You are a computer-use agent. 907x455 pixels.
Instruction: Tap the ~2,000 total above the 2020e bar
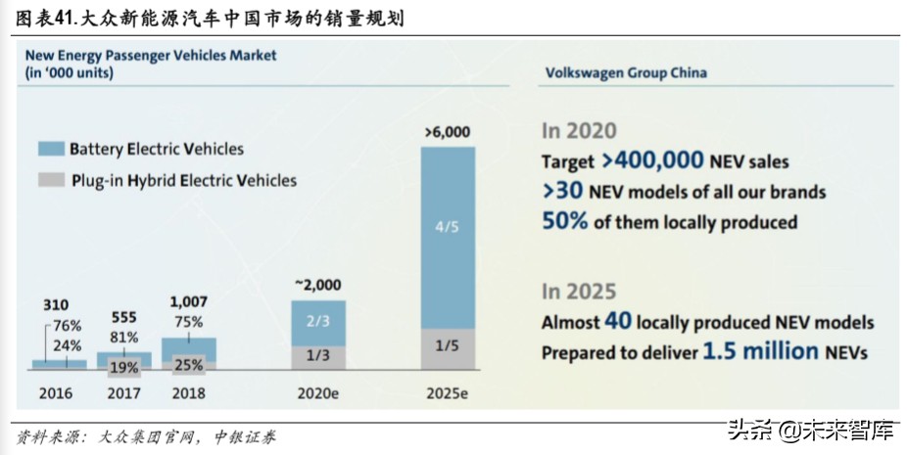pos(318,284)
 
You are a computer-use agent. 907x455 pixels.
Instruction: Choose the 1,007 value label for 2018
pos(189,303)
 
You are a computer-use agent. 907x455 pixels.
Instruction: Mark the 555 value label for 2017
pos(124,318)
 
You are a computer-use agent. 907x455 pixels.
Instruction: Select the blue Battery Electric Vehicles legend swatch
pos(51,150)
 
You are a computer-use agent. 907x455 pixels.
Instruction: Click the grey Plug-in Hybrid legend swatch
pos(51,180)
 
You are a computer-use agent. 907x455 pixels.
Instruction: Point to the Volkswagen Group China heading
pos(625,72)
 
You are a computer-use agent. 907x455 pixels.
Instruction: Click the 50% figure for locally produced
pos(565,221)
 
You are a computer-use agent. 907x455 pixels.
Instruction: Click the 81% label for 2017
pos(122,339)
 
